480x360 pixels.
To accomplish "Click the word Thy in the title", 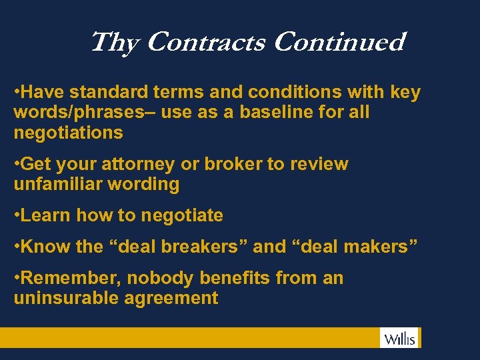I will pyautogui.click(x=113, y=43).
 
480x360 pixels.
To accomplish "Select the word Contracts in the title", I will pyautogui.click(x=204, y=42).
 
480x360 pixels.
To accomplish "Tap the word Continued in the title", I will pyautogui.click(x=339, y=42).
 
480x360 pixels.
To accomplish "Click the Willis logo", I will pyautogui.click(x=399, y=338).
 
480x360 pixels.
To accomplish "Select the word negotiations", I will pyautogui.click(x=68, y=133).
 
